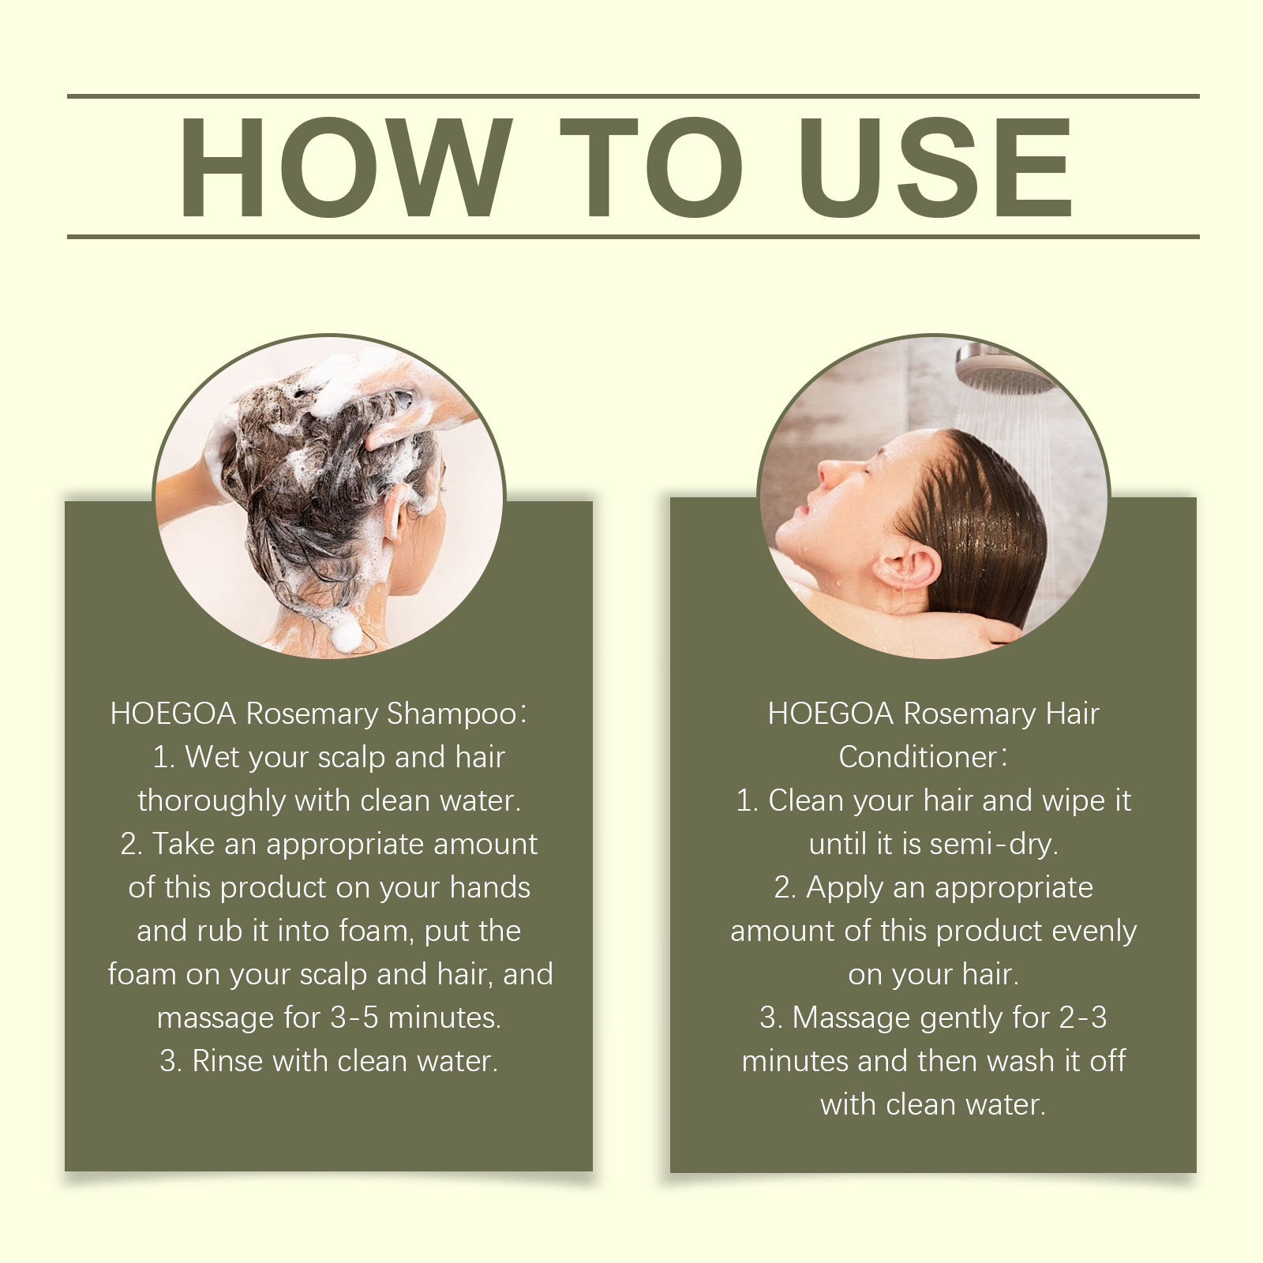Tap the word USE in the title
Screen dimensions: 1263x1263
(x=939, y=167)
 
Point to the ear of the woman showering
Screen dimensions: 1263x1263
(x=909, y=564)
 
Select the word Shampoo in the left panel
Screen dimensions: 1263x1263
(x=451, y=714)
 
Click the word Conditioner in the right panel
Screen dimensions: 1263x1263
(x=918, y=757)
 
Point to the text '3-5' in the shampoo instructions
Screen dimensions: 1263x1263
(x=355, y=1018)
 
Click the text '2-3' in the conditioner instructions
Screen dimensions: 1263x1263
(x=1083, y=1018)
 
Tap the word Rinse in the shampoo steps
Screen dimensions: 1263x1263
(x=227, y=1061)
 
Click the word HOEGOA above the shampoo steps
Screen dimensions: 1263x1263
(x=174, y=714)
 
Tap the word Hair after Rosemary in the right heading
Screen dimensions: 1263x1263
(x=1072, y=714)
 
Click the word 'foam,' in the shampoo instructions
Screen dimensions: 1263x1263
(x=375, y=931)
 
